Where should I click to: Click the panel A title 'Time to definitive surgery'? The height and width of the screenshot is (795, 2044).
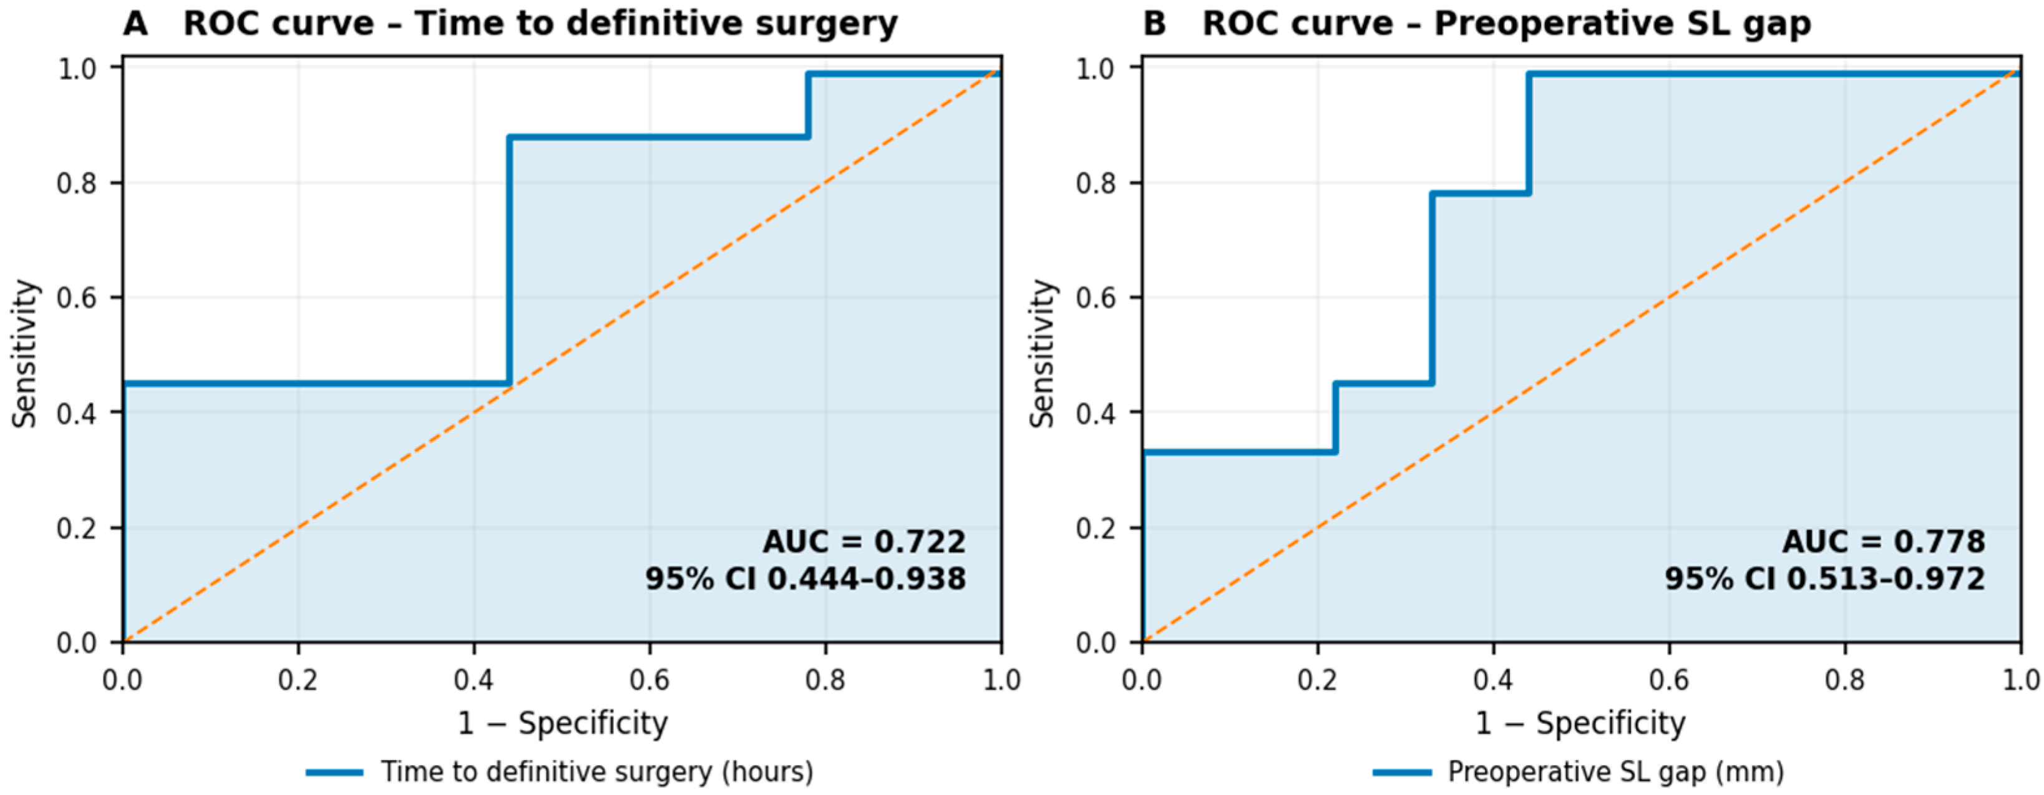tap(656, 24)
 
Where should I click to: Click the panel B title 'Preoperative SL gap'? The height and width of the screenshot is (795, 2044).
tap(1623, 24)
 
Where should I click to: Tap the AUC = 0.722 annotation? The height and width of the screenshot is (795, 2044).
tap(864, 542)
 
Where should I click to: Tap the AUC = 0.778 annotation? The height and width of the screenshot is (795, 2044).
tap(1884, 542)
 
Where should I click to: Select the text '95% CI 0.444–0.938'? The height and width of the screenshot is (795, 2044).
tap(805, 578)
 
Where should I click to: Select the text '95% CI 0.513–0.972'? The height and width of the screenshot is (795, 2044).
tap(1825, 578)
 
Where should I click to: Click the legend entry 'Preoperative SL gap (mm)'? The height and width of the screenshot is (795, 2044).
tap(1579, 771)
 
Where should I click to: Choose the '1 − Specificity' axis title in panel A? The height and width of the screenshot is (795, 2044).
tap(563, 724)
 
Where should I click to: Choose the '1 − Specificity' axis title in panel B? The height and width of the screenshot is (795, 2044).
tap(1580, 724)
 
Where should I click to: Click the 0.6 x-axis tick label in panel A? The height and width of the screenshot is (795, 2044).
tap(650, 680)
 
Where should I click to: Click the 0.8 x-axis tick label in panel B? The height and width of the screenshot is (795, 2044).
tap(1845, 680)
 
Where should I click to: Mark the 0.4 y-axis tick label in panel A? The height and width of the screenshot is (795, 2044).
tap(77, 412)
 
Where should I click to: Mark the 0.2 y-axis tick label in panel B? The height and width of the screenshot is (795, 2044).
tap(1096, 528)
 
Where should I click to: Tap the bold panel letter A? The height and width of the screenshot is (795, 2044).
tap(135, 24)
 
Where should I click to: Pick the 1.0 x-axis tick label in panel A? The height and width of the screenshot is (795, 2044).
tap(1001, 680)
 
